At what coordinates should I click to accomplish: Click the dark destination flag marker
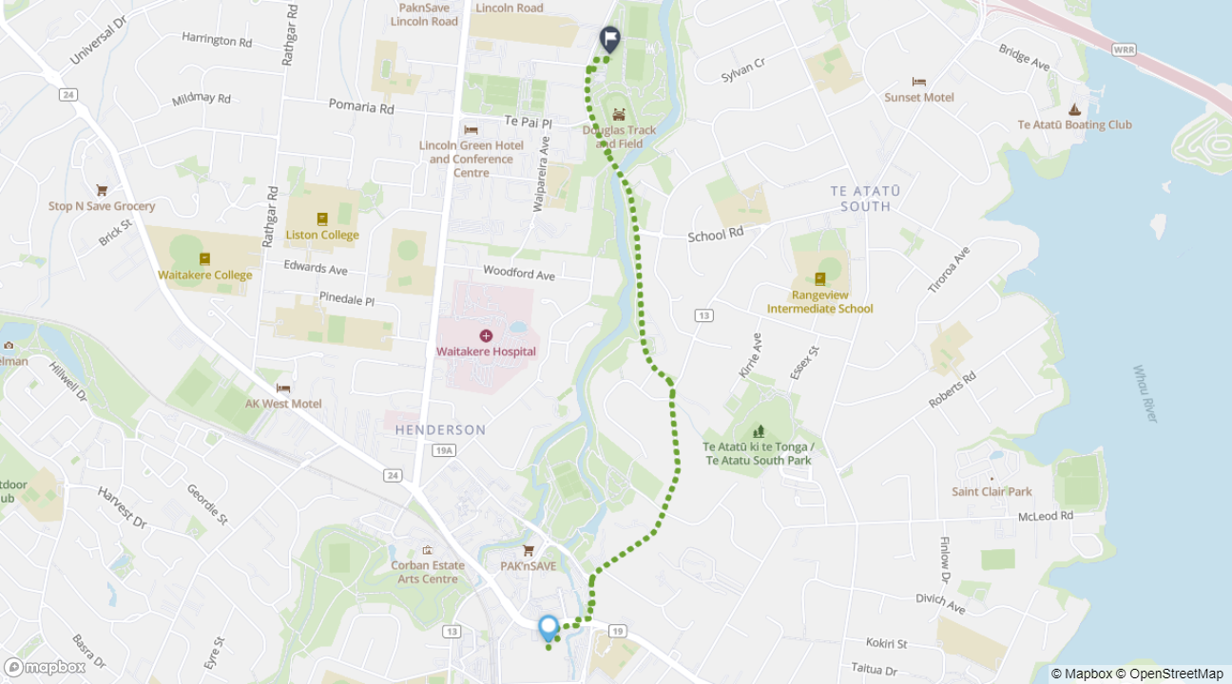click(610, 39)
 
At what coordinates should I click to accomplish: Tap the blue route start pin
click(549, 628)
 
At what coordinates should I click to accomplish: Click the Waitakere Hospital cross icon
click(486, 335)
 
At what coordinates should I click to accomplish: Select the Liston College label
click(322, 235)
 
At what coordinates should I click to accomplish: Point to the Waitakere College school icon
click(204, 258)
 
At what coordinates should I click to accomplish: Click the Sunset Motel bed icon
click(918, 82)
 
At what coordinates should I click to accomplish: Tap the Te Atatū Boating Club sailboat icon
click(1074, 109)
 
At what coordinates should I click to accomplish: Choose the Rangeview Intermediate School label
click(819, 302)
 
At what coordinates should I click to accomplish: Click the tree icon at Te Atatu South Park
click(758, 431)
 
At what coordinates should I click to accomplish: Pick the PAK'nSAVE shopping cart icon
click(529, 550)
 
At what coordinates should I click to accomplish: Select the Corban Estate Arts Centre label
click(428, 572)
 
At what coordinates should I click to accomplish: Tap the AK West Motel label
click(283, 404)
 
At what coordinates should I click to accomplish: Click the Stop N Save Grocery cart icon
click(102, 190)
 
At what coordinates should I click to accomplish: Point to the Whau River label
click(1145, 393)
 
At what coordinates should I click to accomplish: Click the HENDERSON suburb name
click(440, 429)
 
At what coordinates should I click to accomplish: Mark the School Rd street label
click(715, 235)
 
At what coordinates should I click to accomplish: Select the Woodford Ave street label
click(518, 273)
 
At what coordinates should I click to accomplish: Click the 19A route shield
click(443, 451)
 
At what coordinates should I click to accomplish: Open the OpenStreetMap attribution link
click(1175, 674)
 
